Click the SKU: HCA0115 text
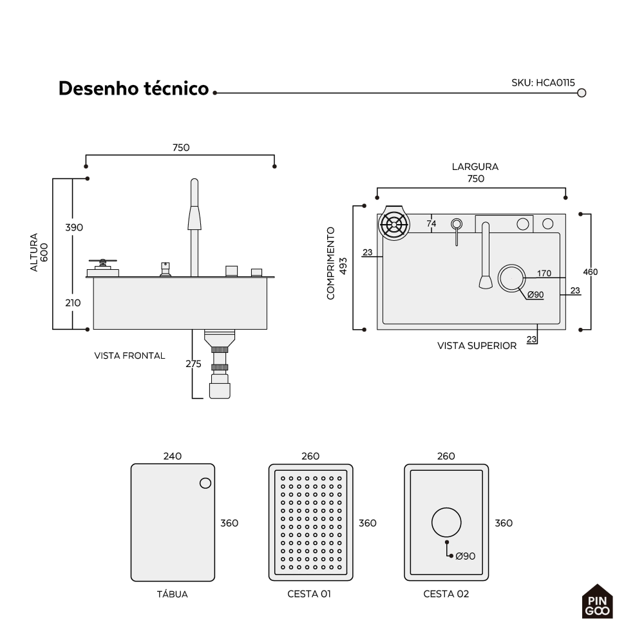543,82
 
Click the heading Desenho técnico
134,88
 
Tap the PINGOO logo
597,601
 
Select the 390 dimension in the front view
74,227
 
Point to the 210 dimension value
73,303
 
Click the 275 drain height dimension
193,364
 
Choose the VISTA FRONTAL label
129,355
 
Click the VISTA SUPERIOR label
477,346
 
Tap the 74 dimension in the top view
431,223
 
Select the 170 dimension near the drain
544,273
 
